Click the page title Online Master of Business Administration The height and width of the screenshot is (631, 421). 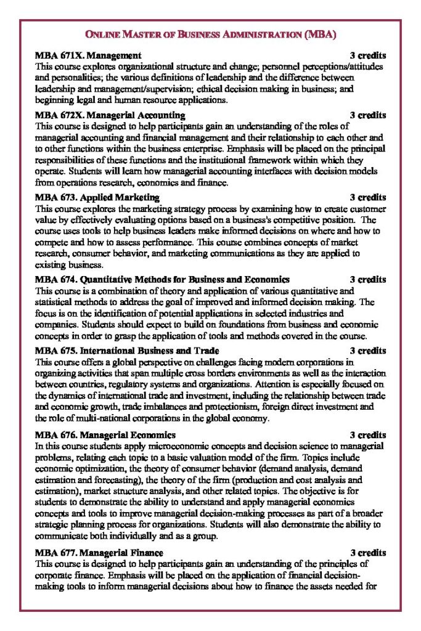click(210, 35)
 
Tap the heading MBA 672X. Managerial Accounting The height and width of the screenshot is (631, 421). click(110, 115)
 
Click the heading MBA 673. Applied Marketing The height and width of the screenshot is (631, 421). click(97, 197)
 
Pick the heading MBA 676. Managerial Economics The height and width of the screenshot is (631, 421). click(105, 435)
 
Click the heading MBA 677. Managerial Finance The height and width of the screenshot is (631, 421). click(99, 553)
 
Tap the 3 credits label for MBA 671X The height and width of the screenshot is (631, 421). click(368, 55)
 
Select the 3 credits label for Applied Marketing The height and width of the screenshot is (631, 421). click(368, 197)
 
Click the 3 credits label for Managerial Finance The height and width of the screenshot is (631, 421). click(368, 553)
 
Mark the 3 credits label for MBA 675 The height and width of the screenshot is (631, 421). click(368, 351)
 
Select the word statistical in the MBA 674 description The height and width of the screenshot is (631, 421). click(55, 301)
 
